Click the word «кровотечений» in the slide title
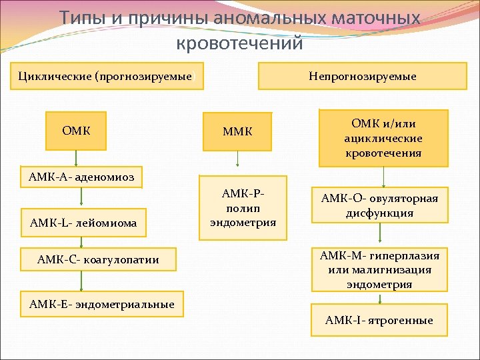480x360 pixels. click(239, 43)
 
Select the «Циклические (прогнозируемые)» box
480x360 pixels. click(105, 76)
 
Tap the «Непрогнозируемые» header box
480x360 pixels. click(362, 76)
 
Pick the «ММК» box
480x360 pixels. click(239, 131)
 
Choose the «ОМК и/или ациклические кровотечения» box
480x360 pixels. click(383, 138)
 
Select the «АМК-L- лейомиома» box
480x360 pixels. click(83, 223)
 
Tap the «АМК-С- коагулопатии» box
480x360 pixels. click(99, 259)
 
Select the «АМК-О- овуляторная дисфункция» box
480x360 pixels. click(379, 206)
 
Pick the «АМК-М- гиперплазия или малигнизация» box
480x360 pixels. click(379, 270)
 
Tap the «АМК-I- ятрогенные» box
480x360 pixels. click(379, 321)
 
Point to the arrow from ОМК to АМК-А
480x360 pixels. click(75, 159)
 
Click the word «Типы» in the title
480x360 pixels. click(84, 17)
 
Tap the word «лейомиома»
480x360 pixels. click(107, 223)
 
